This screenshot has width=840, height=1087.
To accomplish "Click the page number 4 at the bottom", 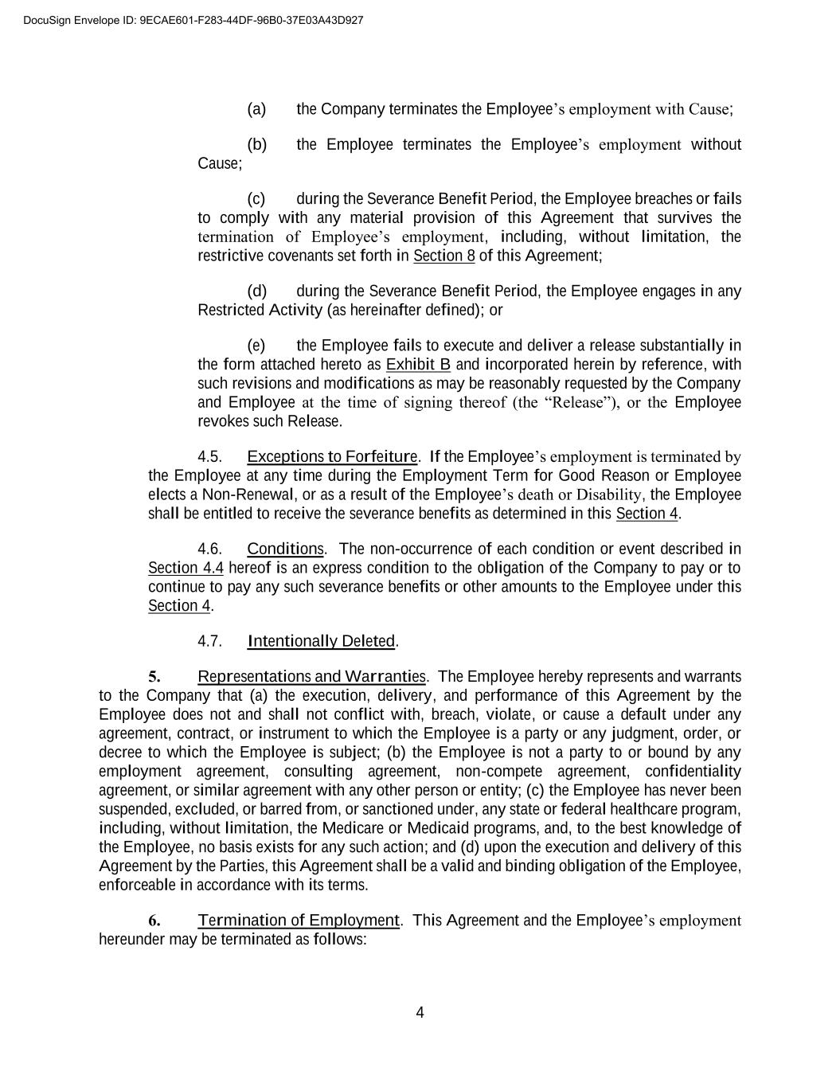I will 420,1013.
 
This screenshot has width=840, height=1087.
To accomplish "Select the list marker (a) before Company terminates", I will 256,109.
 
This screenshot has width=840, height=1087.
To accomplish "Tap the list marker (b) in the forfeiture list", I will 257,144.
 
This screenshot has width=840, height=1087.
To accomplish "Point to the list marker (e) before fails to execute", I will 256,345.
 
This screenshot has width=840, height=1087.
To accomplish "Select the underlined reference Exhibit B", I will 418,364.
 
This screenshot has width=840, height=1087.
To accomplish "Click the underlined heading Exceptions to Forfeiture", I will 332,456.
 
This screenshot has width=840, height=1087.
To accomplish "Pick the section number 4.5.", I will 209,456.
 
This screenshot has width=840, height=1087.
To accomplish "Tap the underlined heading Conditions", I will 285,549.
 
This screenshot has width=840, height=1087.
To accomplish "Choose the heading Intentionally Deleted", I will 322,641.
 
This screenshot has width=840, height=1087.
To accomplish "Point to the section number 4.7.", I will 209,641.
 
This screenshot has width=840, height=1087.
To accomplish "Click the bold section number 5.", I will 154,677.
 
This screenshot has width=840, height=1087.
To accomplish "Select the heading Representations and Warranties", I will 312,677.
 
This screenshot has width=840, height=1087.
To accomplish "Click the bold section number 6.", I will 154,921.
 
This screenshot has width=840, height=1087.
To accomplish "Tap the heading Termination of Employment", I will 299,921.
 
